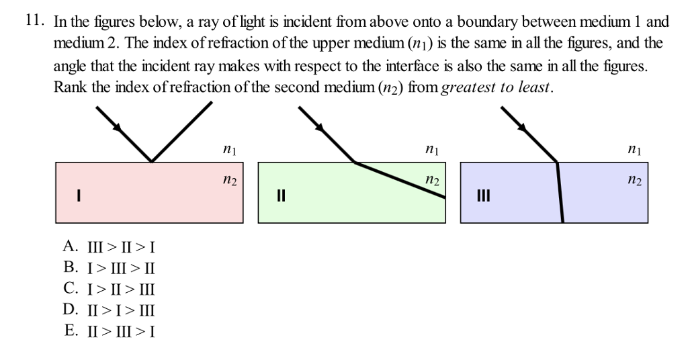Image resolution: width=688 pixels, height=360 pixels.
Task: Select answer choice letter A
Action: pyautogui.click(x=70, y=246)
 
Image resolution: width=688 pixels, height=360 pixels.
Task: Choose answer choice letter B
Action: pyautogui.click(x=70, y=267)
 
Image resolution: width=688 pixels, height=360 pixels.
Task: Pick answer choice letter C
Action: pyautogui.click(x=70, y=288)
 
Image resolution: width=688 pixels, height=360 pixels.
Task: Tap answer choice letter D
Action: pyautogui.click(x=71, y=309)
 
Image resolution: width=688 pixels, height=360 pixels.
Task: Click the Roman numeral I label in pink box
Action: pyautogui.click(x=79, y=196)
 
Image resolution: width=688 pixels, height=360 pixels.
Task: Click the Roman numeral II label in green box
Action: pyautogui.click(x=281, y=197)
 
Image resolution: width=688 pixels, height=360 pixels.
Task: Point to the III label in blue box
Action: pyautogui.click(x=483, y=197)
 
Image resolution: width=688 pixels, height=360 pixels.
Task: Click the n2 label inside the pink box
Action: pyautogui.click(x=229, y=181)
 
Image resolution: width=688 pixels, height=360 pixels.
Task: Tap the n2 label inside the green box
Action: pyautogui.click(x=432, y=181)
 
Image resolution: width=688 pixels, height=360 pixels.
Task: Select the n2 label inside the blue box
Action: pyautogui.click(x=634, y=181)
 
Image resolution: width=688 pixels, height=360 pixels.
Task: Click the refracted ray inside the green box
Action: pyautogui.click(x=400, y=179)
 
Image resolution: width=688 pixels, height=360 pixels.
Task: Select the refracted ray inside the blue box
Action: pyautogui.click(x=560, y=195)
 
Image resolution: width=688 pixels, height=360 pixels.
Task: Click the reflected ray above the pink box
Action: pyautogui.click(x=183, y=131)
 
